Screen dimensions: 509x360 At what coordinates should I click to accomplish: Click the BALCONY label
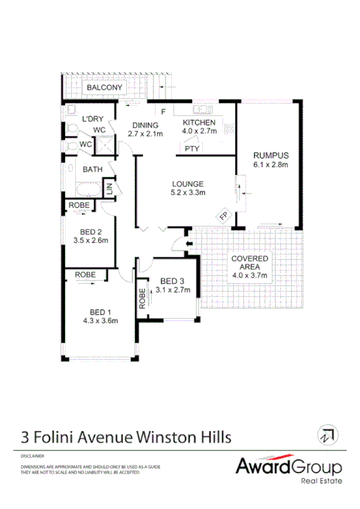105,88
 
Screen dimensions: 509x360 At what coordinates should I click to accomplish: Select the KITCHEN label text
199,123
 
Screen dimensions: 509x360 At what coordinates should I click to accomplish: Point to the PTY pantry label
193,149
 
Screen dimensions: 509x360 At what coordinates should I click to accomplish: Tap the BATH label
93,169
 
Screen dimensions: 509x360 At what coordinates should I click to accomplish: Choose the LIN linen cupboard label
108,189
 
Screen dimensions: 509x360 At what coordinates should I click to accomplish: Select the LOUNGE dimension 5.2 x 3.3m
188,193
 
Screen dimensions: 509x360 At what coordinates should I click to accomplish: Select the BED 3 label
172,281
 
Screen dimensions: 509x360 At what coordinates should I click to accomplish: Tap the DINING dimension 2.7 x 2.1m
145,133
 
